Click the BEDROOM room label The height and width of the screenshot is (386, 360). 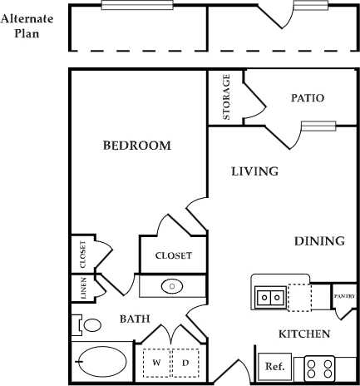coord(136,146)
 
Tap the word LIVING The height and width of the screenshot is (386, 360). coord(254,171)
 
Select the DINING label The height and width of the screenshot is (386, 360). coord(319,241)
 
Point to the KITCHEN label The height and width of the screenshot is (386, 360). coord(303,334)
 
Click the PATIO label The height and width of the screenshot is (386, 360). coord(307,98)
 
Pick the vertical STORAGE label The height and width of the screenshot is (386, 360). coord(226,97)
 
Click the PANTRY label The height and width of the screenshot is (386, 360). coord(345,296)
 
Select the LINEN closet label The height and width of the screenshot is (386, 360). coord(83,288)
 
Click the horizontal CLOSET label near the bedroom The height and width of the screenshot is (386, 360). coord(173,256)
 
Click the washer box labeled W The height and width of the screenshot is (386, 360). coord(155,363)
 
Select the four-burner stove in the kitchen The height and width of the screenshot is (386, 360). coord(318,367)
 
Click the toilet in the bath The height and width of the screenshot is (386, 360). coord(88,324)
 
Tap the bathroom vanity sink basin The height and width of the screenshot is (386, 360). coord(172,286)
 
